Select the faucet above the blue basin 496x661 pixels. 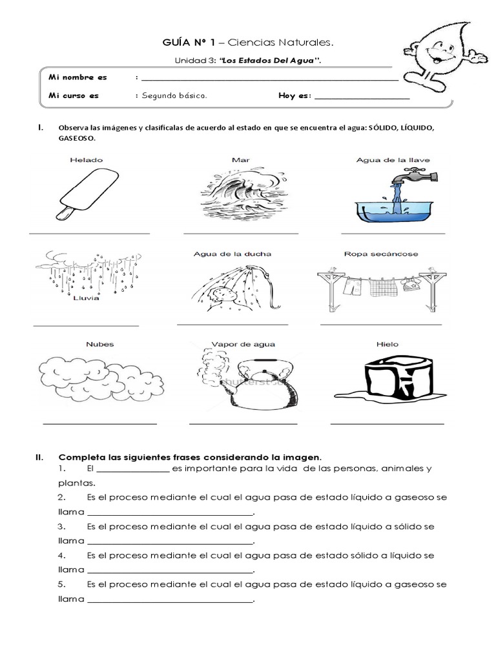413,176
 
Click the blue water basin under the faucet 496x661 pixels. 394,207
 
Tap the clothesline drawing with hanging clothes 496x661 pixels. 380,284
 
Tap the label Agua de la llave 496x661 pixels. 393,159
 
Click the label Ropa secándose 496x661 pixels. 380,254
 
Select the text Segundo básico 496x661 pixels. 174,96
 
